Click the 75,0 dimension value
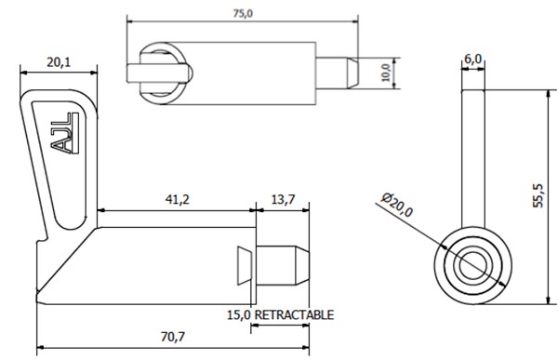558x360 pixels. (x=243, y=14)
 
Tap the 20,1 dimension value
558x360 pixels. (x=59, y=62)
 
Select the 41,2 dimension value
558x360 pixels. (x=178, y=199)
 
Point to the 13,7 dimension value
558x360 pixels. (x=283, y=199)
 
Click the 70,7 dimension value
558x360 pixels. (x=173, y=337)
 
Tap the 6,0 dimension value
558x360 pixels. (x=473, y=60)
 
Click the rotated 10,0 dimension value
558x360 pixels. (x=386, y=73)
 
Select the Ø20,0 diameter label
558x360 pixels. (x=397, y=205)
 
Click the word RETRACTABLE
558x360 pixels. (x=295, y=315)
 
